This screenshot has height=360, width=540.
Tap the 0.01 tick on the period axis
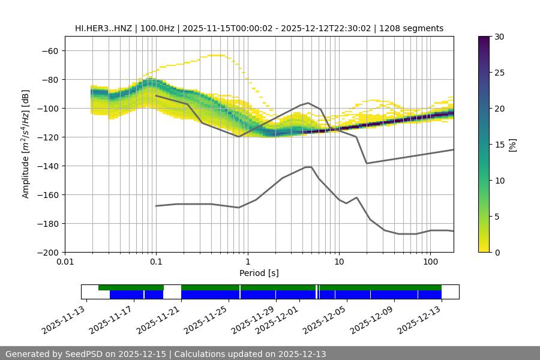pyautogui.click(x=65, y=262)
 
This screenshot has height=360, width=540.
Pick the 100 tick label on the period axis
pyautogui.click(x=430, y=262)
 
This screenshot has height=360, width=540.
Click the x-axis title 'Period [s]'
pyautogui.click(x=259, y=273)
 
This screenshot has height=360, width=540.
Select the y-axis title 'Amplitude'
pyautogui.click(x=26, y=144)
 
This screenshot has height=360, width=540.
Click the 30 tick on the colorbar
pyautogui.click(x=499, y=37)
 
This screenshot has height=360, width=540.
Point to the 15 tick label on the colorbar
pyautogui.click(x=499, y=145)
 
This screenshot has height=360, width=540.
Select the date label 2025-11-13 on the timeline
pyautogui.click(x=65, y=319)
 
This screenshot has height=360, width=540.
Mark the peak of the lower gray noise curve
pyautogui.click(x=308, y=167)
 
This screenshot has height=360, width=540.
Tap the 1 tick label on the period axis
pyautogui.click(x=248, y=262)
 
